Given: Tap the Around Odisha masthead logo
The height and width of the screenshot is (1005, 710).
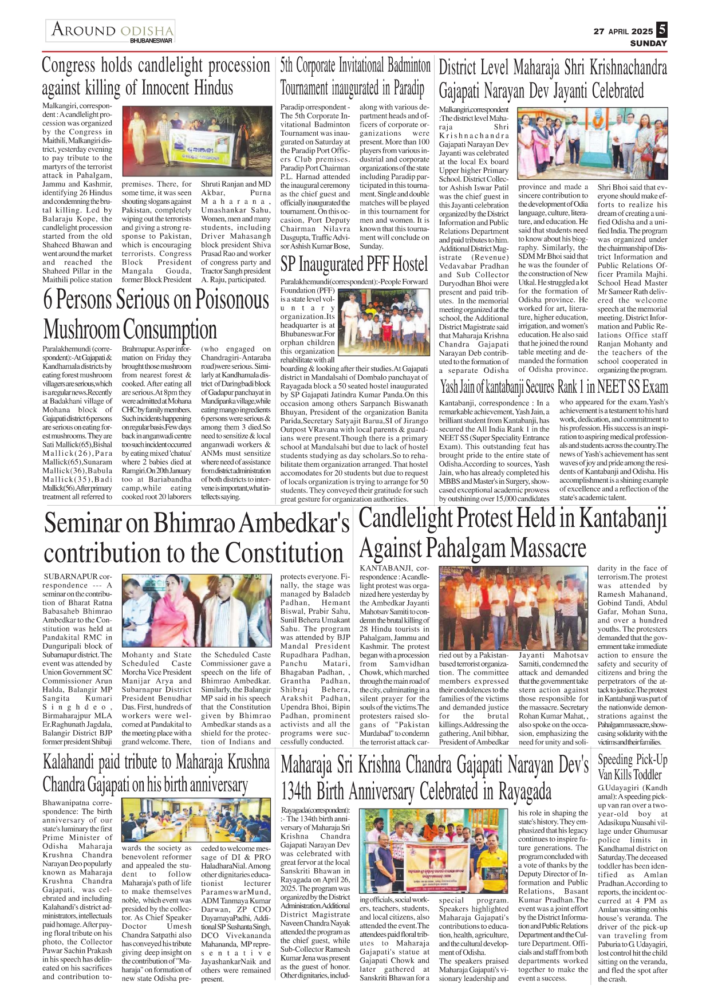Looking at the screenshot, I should pyautogui.click(x=111, y=31).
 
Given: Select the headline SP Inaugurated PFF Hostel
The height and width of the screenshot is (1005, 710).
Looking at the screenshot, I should pyautogui.click(x=354, y=264).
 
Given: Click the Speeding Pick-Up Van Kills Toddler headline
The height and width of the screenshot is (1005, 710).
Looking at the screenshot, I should pyautogui.click(x=632, y=767).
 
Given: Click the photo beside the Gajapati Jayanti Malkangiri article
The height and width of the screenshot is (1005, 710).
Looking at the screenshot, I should pyautogui.click(x=592, y=144).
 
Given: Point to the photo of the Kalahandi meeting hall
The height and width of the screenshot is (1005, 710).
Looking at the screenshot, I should pyautogui.click(x=196, y=820).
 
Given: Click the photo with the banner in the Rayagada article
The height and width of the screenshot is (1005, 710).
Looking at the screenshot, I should pyautogui.click(x=435, y=851).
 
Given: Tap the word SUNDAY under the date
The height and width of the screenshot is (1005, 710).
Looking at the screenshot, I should pyautogui.click(x=648, y=43).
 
